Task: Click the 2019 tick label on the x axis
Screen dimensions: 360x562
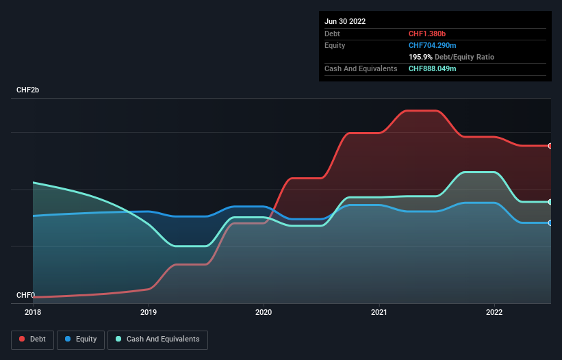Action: tap(148, 312)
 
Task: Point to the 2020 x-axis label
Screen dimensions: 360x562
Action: tap(264, 312)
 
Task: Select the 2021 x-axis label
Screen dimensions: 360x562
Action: tap(379, 312)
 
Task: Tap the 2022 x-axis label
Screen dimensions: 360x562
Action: tap(494, 312)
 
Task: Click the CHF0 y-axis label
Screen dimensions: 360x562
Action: tap(27, 295)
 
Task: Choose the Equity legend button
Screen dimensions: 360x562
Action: tap(81, 339)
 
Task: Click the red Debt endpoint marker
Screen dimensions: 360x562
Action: tap(550, 146)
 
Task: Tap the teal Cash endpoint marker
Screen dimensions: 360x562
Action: tap(550, 202)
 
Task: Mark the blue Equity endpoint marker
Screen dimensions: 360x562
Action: tap(550, 222)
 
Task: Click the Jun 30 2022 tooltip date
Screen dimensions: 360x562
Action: tap(345, 21)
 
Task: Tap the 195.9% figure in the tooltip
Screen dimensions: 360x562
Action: tap(420, 57)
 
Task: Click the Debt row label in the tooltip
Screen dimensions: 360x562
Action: tap(333, 34)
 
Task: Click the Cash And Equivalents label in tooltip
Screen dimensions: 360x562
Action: tap(361, 68)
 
